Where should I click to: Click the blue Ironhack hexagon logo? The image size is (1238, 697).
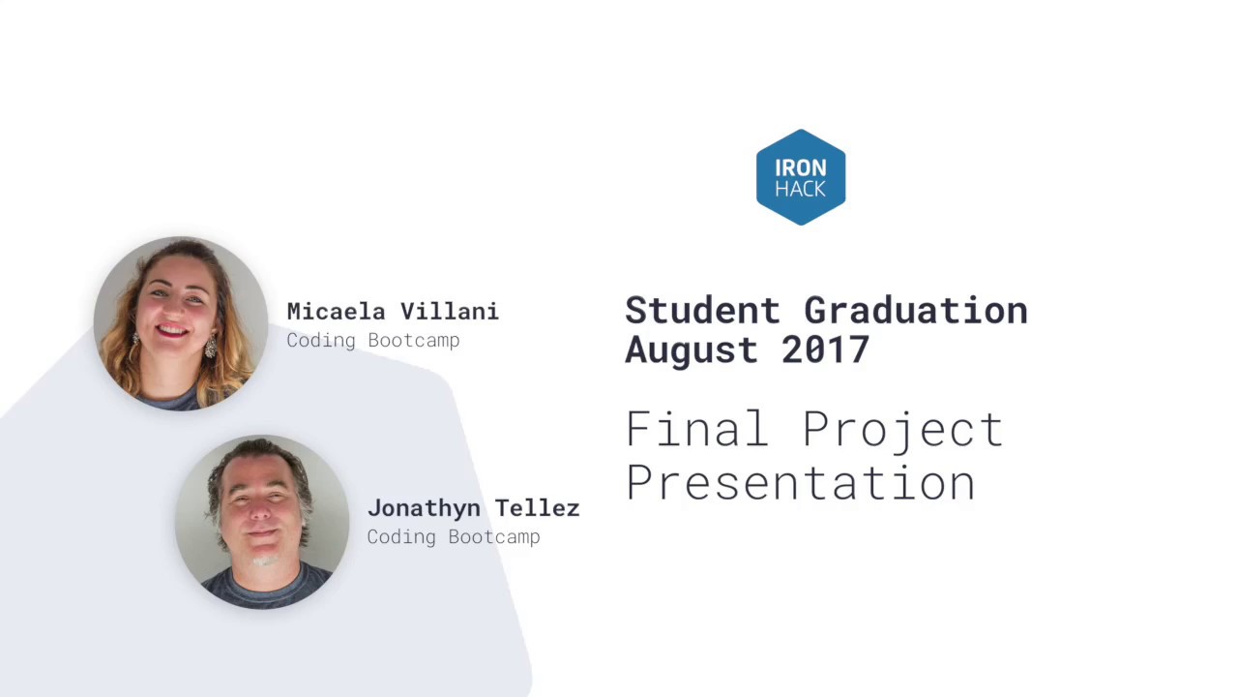tap(801, 177)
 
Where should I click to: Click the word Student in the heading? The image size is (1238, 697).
tap(702, 311)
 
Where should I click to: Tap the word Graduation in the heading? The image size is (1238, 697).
tap(915, 311)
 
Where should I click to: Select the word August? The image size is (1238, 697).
tap(692, 350)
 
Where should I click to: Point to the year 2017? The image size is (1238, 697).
tap(825, 350)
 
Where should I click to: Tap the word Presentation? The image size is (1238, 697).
tap(800, 482)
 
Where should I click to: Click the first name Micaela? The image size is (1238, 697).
tap(337, 312)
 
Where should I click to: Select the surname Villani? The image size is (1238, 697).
tap(450, 312)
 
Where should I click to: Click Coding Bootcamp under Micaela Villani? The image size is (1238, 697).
tap(372, 341)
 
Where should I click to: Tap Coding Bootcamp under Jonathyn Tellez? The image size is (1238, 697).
tap(453, 537)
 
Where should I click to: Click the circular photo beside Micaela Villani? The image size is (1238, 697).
tap(180, 323)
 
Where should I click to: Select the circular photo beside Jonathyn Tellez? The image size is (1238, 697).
tap(261, 521)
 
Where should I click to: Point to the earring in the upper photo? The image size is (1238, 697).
tap(209, 347)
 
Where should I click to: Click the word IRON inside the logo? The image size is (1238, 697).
tap(801, 167)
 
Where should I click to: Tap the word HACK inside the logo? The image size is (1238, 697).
tap(801, 189)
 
